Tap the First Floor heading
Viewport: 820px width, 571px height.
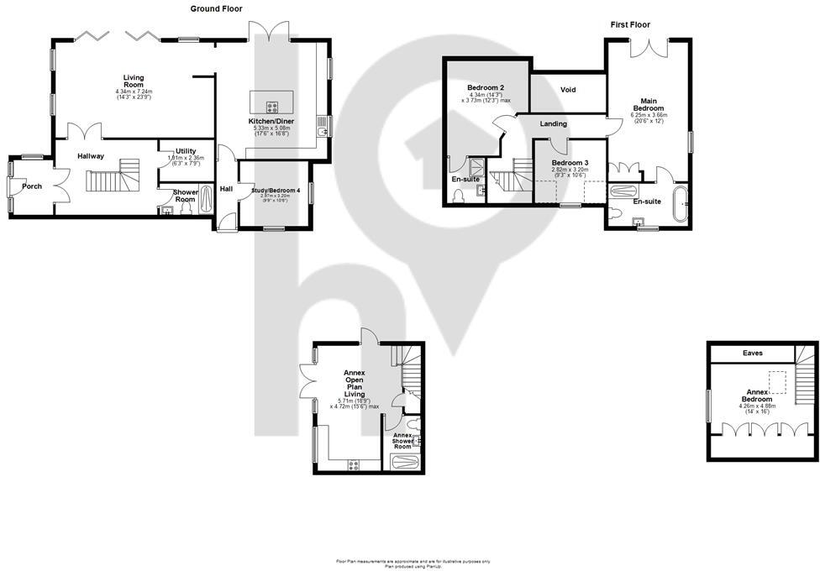629,24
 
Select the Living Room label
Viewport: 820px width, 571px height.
134,81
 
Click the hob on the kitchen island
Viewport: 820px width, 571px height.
272,107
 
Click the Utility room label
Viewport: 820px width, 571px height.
186,150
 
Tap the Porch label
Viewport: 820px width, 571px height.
32,186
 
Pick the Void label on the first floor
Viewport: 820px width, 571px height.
568,90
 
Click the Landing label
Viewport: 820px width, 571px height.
553,124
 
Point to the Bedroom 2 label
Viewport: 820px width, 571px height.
485,87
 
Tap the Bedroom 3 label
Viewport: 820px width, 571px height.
570,162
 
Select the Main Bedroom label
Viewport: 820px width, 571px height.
649,104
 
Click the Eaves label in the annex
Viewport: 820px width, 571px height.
753,354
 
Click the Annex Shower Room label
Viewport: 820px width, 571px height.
402,441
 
